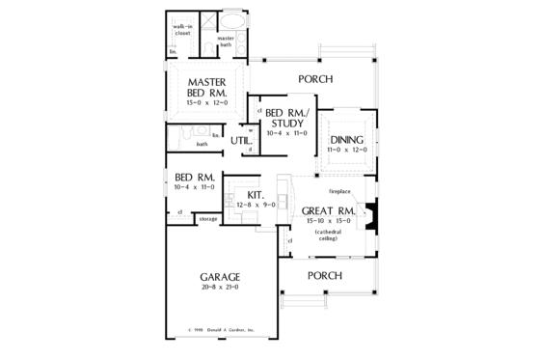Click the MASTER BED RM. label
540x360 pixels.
[207, 87]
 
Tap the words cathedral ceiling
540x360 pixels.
[328, 235]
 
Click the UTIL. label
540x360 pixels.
[241, 141]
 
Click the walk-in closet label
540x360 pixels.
[183, 31]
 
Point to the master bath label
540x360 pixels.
[226, 42]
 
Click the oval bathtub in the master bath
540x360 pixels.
[231, 22]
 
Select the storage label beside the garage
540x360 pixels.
[207, 219]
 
